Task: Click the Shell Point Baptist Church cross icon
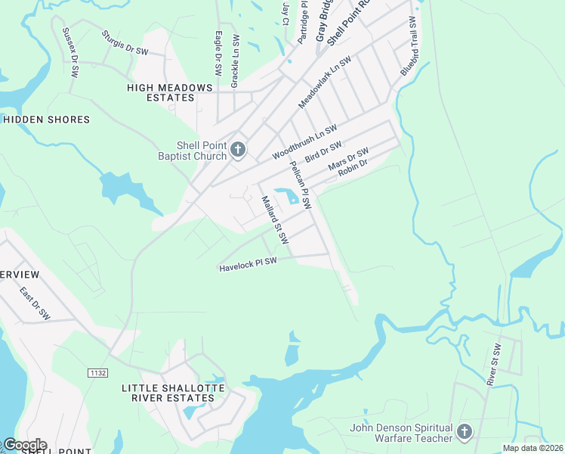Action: (238, 149)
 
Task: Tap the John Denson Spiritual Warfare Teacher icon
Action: (464, 432)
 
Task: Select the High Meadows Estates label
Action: (170, 92)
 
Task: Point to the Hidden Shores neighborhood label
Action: (46, 120)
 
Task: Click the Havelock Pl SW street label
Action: (249, 264)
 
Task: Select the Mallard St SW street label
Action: (275, 219)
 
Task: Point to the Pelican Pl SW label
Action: (300, 185)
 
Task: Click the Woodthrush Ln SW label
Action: (304, 141)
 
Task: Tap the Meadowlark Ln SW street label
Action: (325, 81)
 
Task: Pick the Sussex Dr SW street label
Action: (69, 53)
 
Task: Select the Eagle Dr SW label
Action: (218, 53)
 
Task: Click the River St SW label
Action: (496, 364)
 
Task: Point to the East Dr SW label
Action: (34, 304)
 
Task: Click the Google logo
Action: (24, 445)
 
